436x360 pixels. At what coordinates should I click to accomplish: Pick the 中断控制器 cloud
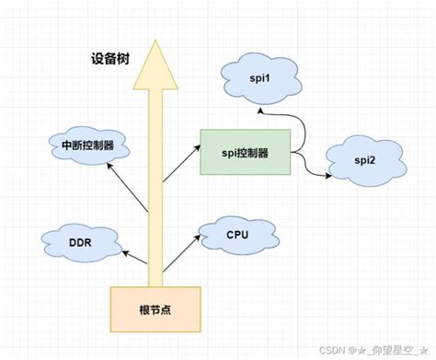88,145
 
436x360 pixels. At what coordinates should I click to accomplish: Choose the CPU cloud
238,234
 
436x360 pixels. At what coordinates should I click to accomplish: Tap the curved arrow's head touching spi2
329,175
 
